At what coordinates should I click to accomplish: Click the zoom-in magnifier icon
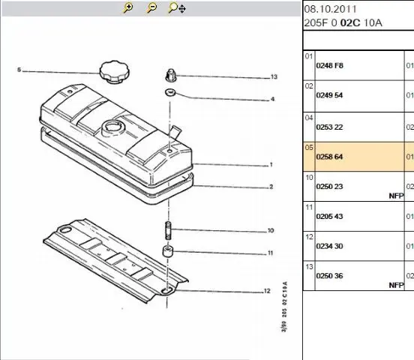128,7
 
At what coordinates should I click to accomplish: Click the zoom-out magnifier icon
151,7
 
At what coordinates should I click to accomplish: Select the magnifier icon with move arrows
177,8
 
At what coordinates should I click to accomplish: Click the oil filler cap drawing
115,72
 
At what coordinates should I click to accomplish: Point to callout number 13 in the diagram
274,76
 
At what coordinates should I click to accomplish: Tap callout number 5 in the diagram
19,70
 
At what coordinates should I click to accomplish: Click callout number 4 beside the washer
272,99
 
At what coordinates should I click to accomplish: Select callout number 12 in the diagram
267,291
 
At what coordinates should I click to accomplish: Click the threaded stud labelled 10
168,231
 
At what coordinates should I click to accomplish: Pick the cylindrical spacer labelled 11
168,251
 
